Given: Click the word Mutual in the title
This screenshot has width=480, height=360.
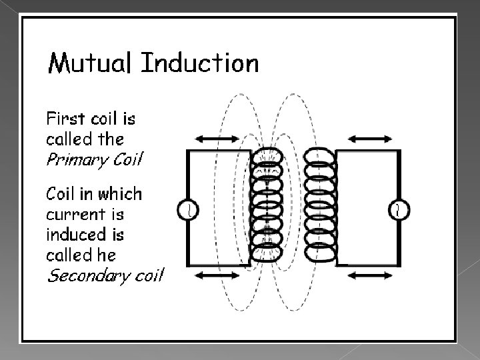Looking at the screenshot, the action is tap(90, 63).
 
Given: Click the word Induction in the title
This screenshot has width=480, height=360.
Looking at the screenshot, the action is tap(200, 63).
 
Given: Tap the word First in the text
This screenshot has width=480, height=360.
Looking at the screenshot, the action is tap(65, 119).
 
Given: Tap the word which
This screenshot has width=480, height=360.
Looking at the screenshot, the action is tap(120, 195).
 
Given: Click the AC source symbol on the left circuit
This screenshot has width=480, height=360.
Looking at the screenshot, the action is tap(188, 211).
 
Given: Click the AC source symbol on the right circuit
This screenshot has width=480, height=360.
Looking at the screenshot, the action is tap(398, 211).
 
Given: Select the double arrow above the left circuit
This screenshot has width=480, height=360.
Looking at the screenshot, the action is tap(215, 139).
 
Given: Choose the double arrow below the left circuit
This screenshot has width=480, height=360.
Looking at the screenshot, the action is tap(215, 275).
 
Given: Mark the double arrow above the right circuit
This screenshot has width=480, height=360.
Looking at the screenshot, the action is tap(371, 139).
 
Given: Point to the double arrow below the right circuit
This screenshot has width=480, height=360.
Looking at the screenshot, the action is tap(371, 275).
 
